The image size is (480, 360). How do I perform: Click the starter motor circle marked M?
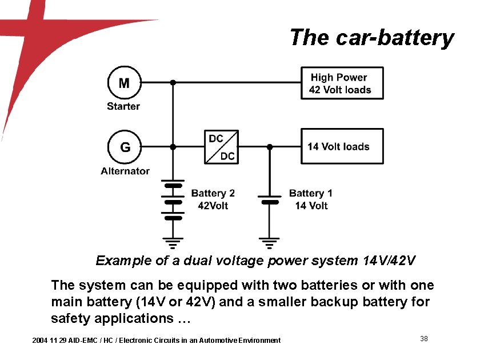(x=124, y=83)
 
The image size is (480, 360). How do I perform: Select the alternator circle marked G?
(x=124, y=147)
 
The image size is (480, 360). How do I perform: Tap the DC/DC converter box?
(x=222, y=147)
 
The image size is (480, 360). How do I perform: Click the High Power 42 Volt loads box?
(x=342, y=83)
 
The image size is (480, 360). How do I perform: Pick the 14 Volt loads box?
(x=342, y=147)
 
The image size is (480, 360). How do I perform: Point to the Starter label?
(x=123, y=106)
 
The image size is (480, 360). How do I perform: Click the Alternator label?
(x=125, y=171)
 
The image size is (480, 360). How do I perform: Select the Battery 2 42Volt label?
(x=213, y=199)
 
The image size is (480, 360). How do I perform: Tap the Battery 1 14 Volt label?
(x=311, y=199)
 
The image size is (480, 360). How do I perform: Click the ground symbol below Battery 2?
(x=173, y=242)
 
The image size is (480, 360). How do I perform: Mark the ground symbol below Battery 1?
(x=270, y=242)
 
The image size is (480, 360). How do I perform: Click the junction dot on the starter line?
(x=173, y=83)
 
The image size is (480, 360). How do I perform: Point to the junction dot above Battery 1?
(x=270, y=147)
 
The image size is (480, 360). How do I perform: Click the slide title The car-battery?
(x=371, y=38)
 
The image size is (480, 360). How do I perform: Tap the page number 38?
(x=424, y=339)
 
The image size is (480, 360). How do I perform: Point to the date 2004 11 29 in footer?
(x=51, y=341)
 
